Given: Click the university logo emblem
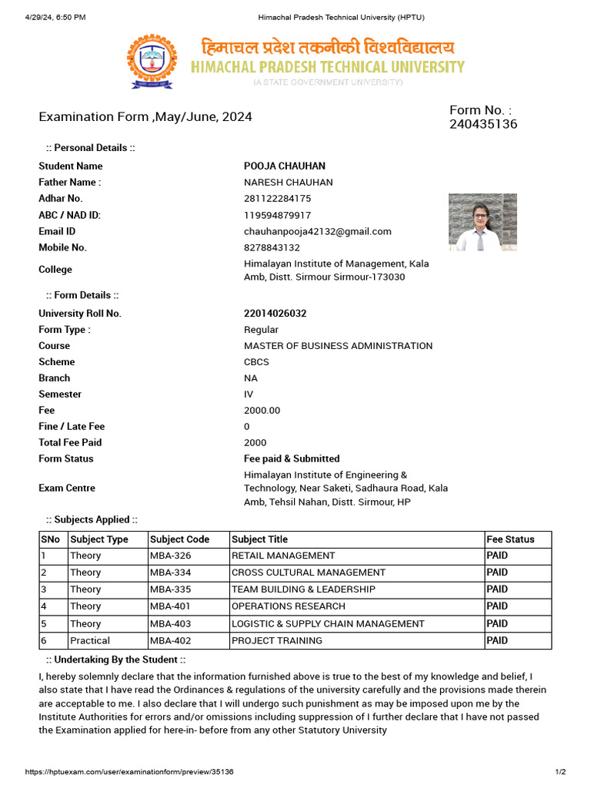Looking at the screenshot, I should (x=151, y=62).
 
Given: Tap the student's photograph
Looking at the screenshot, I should (x=482, y=222).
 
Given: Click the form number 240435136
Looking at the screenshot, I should (x=483, y=124).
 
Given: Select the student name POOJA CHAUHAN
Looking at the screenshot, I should (x=285, y=166).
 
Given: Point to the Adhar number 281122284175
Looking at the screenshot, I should (x=278, y=199).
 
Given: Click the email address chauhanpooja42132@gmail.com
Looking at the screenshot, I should (x=318, y=231).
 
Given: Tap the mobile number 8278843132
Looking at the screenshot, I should (x=272, y=247).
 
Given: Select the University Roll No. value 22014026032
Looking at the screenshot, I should (x=275, y=314).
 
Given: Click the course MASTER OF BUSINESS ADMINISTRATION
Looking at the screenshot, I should (x=338, y=346).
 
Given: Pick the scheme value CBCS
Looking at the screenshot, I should (x=256, y=362).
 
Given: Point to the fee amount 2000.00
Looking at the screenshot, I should (x=262, y=411).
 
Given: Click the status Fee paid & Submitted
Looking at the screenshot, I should (x=292, y=458).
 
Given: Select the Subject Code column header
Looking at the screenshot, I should (x=179, y=539).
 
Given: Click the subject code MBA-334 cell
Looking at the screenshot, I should (x=171, y=572).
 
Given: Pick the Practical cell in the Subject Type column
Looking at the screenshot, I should (x=90, y=640).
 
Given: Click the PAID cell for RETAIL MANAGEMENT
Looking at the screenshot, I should (x=497, y=556).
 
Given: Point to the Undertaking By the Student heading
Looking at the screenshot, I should (x=115, y=660).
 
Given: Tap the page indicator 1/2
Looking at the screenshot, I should (x=560, y=771).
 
